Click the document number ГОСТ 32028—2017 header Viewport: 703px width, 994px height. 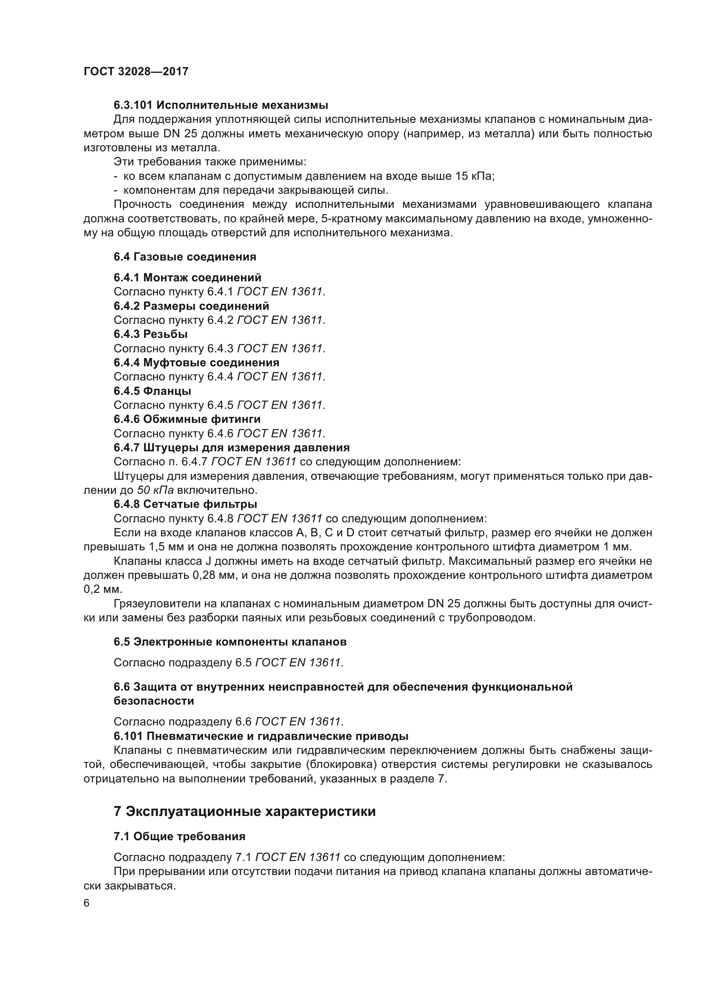coord(136,72)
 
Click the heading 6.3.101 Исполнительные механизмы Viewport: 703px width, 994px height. coord(221,105)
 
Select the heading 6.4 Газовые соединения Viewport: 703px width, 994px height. coord(185,257)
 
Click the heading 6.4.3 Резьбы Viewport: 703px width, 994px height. coord(150,334)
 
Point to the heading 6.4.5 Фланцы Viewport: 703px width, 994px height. coord(153,391)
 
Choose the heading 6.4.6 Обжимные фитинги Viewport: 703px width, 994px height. coord(187,419)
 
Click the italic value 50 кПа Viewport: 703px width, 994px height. coord(156,490)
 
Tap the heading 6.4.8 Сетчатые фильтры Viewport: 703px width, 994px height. coord(185,504)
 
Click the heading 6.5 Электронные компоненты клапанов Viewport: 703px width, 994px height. coord(230,642)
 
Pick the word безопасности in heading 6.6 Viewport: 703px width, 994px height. coord(154,701)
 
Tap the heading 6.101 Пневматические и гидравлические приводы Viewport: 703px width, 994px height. coord(261,736)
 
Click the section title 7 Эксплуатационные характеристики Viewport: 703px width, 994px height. coord(244,812)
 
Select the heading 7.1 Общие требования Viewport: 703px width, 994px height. coord(179,836)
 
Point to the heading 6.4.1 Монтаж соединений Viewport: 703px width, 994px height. coord(187,278)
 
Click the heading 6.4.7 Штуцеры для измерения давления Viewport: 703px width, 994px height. coord(232,447)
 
